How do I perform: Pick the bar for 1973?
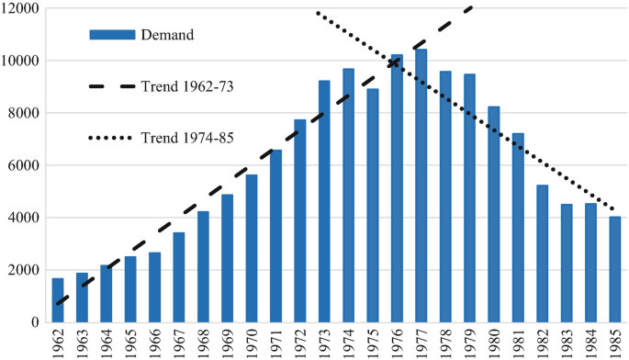pyautogui.click(x=324, y=201)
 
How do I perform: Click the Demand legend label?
pyautogui.click(x=166, y=35)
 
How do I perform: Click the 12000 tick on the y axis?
pyautogui.click(x=20, y=8)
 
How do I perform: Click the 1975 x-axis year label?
pyautogui.click(x=373, y=343)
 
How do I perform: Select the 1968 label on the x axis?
pyautogui.click(x=203, y=343)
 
